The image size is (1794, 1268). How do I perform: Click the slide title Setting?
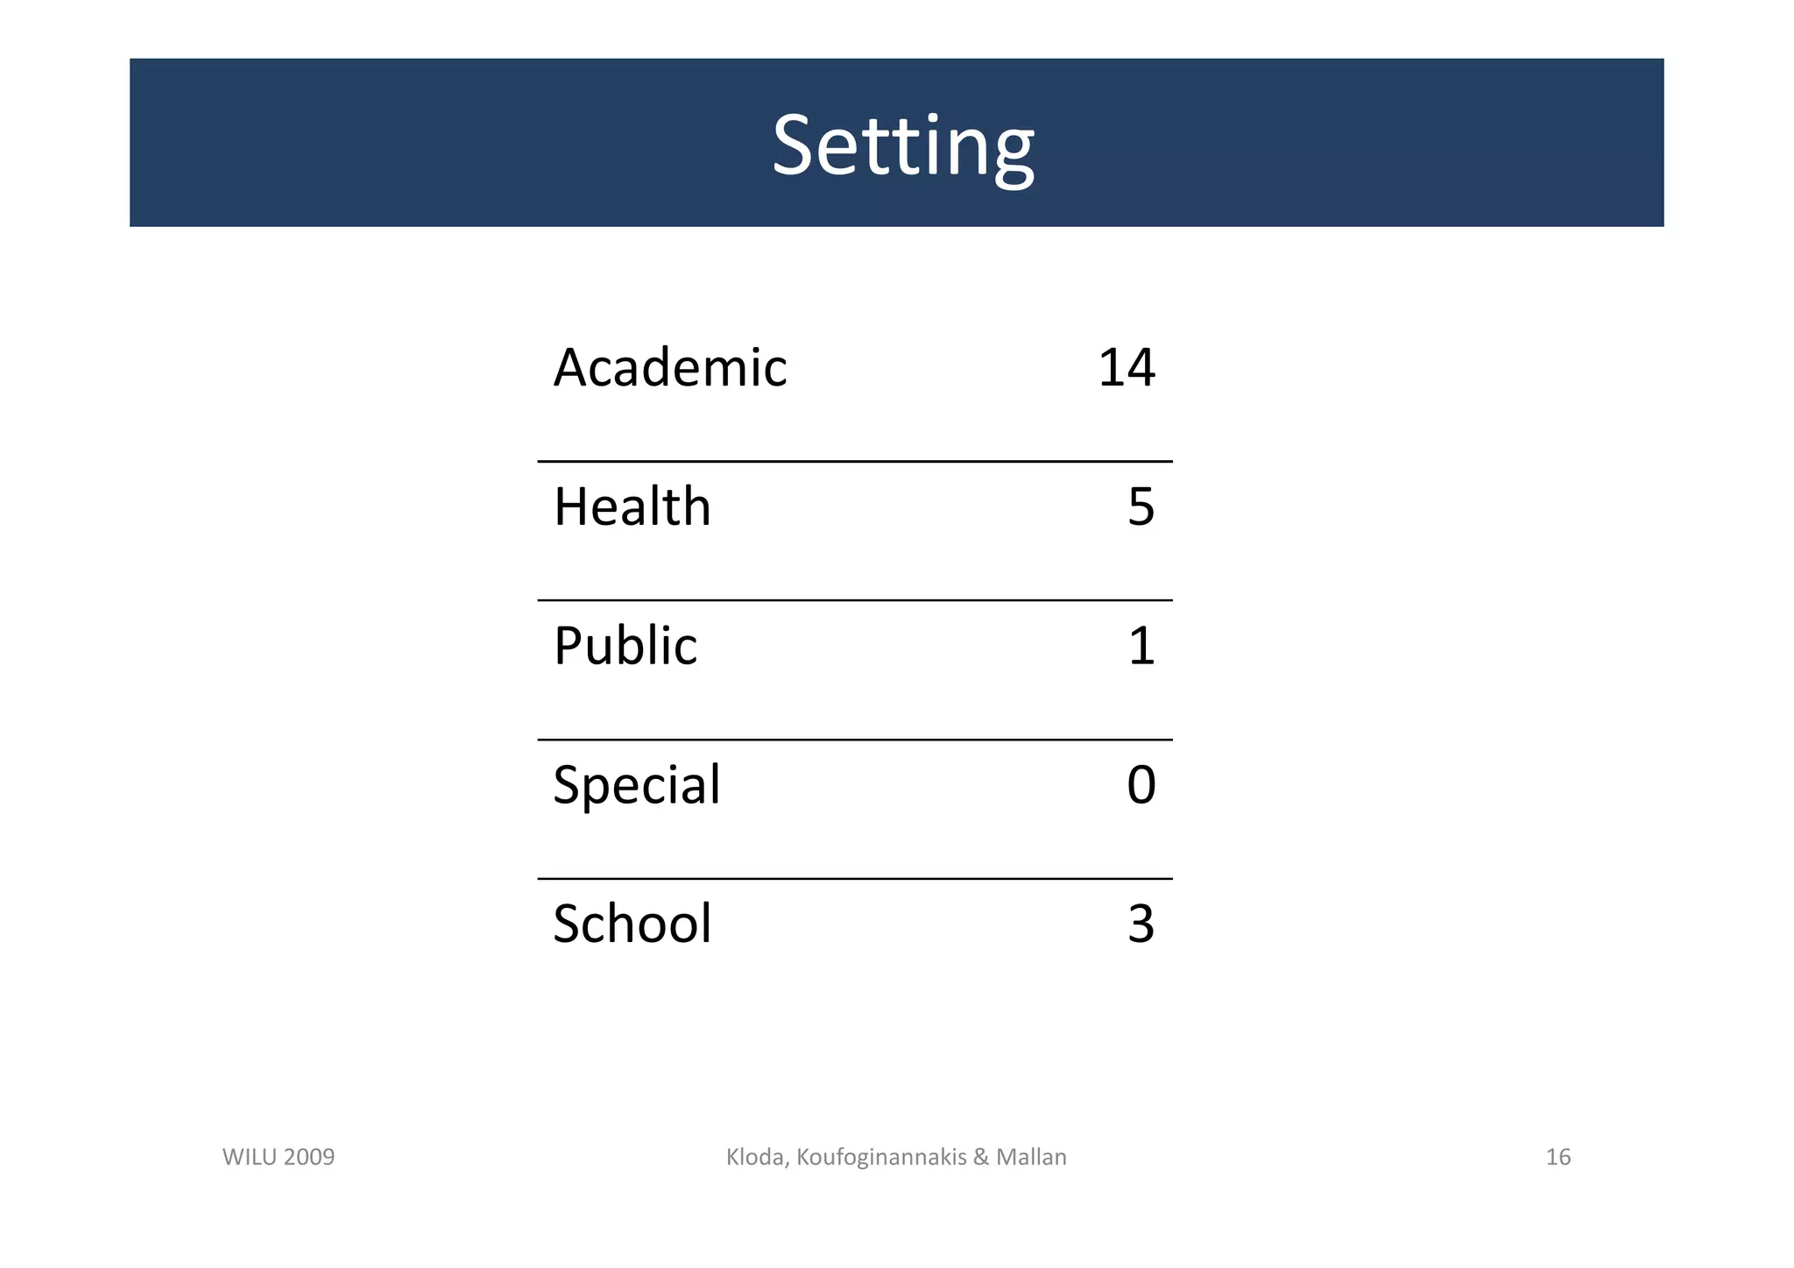coord(902,145)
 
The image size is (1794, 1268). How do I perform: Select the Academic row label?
coord(670,367)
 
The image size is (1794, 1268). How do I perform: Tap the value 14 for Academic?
coord(1127,367)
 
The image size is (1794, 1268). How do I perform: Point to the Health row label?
coord(632,506)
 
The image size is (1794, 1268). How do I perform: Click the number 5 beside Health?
coord(1141,506)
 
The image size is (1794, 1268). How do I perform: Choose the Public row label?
coord(625,646)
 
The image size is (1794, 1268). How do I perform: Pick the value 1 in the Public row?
coord(1141,646)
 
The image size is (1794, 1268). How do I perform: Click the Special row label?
coord(637,785)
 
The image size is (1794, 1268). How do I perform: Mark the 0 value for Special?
coord(1141,784)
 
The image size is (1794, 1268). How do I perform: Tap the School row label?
coord(632,924)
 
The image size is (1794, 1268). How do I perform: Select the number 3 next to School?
coord(1141,924)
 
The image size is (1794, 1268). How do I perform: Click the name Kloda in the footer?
coord(757,1157)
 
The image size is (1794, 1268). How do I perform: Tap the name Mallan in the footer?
coord(1031,1157)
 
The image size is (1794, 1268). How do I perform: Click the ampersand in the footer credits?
coord(980,1157)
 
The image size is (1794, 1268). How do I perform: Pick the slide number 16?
coord(1557,1157)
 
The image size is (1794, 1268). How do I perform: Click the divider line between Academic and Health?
coord(854,461)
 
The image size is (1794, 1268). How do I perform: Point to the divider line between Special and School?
coord(854,878)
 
